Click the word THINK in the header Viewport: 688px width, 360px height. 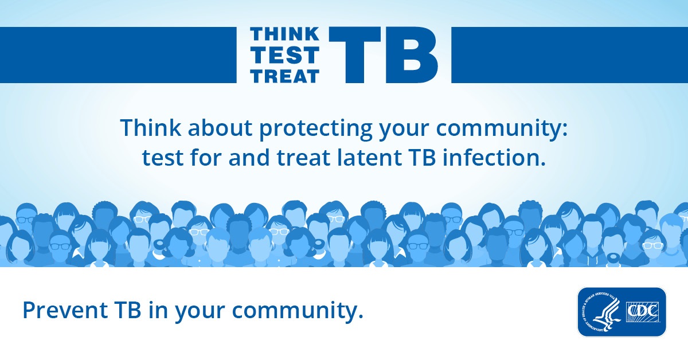[285, 34]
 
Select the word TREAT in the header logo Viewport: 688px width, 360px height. [285, 76]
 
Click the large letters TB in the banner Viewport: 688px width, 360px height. [384, 54]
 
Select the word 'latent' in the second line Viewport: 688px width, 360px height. [369, 158]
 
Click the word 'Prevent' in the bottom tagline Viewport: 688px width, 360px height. [65, 310]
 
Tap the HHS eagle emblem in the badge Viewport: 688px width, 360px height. [601, 312]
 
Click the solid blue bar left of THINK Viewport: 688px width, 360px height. [118, 54]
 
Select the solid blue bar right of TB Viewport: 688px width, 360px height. [569, 54]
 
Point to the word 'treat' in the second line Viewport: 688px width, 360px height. [303, 158]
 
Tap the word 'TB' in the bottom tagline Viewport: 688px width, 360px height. [128, 310]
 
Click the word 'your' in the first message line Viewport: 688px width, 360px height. [404, 130]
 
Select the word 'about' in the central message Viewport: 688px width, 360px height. [220, 127]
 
